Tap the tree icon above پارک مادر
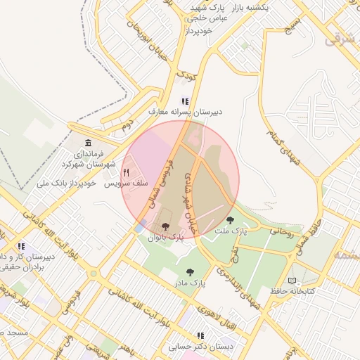[189, 271]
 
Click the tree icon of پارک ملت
[230, 220]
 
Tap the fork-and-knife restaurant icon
[127, 172]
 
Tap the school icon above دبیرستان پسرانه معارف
[185, 101]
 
